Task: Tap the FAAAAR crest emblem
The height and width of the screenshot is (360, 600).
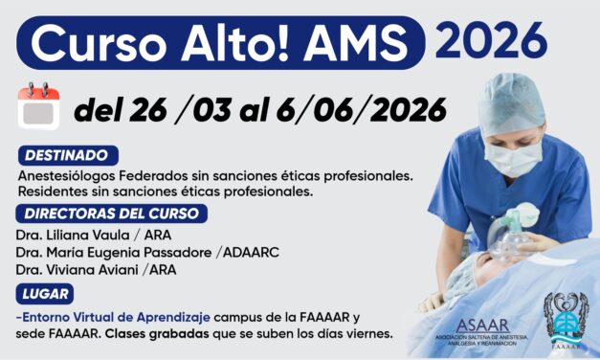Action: click(566, 317)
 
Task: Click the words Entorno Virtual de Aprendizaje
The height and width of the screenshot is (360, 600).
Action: click(127, 316)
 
